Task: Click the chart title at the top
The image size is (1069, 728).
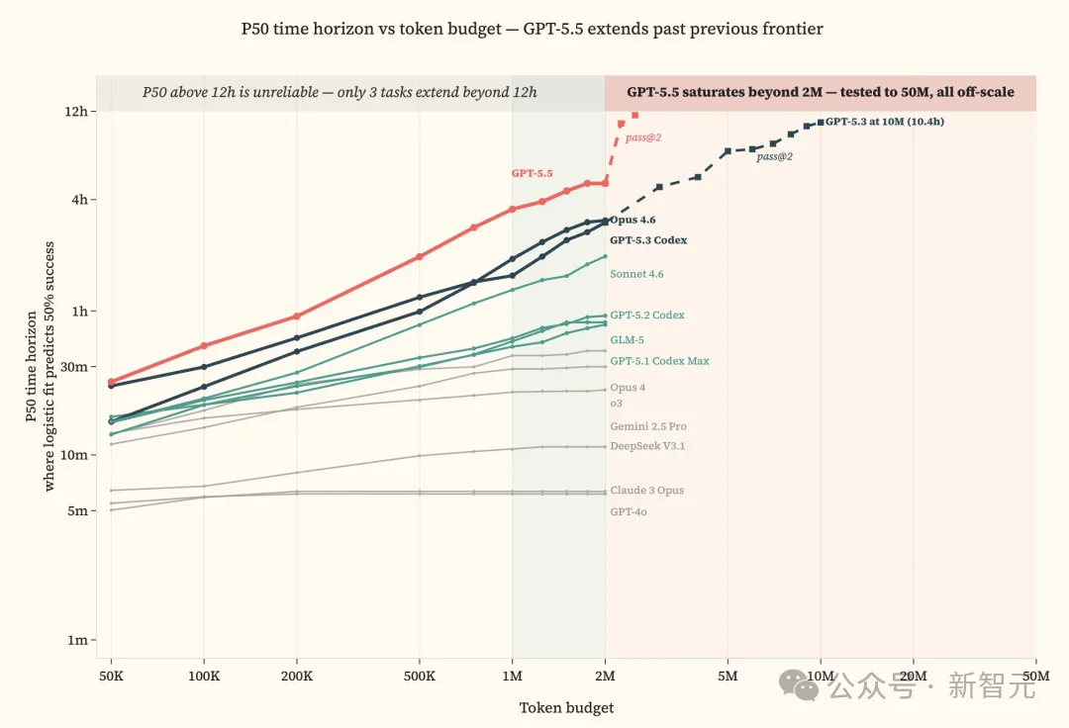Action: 532,29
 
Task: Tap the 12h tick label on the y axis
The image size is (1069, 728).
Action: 75,111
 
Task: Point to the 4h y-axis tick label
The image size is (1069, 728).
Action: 80,200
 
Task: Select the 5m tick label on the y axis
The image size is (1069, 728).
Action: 78,510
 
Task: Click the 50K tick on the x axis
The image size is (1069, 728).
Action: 111,677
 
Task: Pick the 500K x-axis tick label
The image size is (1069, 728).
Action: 420,677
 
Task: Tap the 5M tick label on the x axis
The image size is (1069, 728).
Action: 728,677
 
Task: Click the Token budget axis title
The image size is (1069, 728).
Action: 566,707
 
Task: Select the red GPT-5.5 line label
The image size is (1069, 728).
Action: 532,174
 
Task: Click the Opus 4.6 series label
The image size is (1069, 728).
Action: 632,220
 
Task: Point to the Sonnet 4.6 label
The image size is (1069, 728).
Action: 636,274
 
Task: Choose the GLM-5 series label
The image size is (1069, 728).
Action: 628,340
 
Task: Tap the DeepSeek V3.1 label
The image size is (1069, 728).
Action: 647,446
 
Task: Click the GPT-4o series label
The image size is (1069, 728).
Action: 629,511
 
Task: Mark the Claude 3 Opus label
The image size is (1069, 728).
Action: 647,491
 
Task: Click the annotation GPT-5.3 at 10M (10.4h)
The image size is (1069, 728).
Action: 885,122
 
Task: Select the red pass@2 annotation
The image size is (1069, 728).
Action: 643,137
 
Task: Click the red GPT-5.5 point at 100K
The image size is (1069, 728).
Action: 204,346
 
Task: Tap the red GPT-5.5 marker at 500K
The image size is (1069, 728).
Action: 420,257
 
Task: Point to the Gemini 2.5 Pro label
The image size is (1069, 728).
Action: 648,426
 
